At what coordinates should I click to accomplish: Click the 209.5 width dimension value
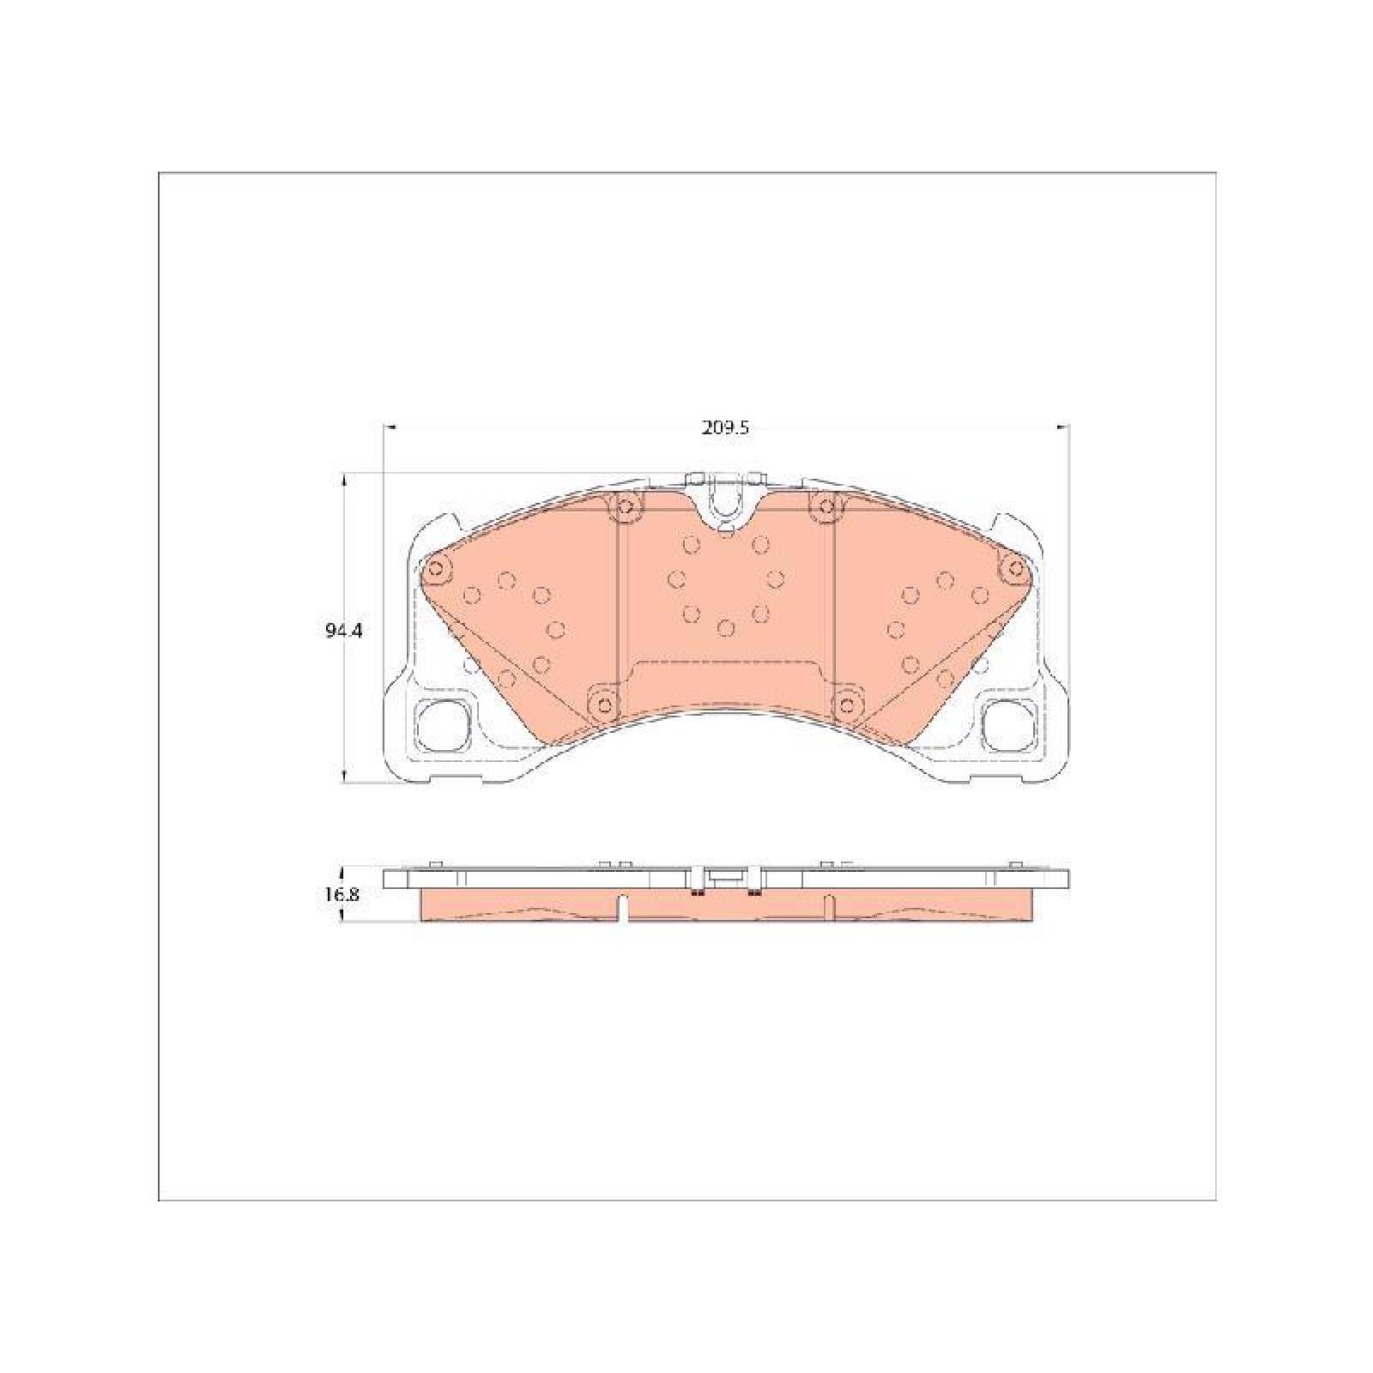[725, 428]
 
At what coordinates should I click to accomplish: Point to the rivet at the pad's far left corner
[437, 567]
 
